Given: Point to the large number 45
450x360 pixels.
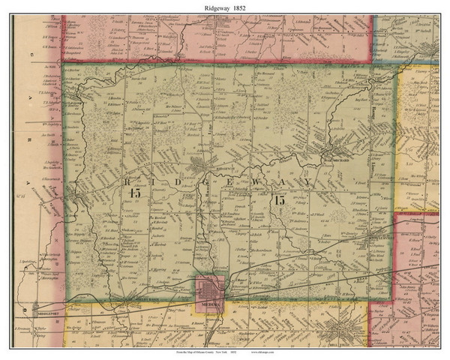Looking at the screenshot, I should [135, 193].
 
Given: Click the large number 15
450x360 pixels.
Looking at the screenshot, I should [279, 200].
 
